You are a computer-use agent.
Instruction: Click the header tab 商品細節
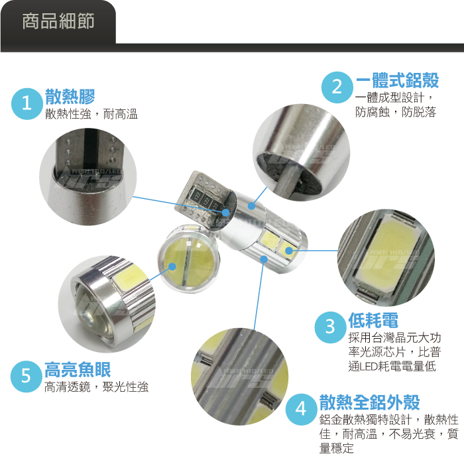[58, 21]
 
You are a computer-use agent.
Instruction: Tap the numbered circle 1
[27, 104]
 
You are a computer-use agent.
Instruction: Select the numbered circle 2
[337, 87]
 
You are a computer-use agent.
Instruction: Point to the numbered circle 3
[330, 327]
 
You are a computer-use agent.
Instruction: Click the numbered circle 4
[301, 409]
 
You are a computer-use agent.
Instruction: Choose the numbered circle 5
[26, 377]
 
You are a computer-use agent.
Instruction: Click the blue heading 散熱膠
[70, 97]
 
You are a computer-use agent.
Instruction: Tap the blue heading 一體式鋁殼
[397, 80]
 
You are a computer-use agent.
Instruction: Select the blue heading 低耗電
[373, 320]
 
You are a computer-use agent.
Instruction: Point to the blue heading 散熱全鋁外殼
[369, 402]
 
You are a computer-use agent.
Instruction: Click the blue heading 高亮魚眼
[78, 369]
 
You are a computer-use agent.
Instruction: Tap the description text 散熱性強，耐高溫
[91, 114]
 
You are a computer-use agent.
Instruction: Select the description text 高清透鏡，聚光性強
[96, 386]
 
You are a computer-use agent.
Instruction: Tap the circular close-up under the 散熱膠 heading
[88, 177]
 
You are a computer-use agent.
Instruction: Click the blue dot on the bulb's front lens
[172, 266]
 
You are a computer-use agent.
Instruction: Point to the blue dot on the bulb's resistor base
[225, 213]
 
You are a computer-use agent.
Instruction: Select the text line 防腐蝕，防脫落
[396, 112]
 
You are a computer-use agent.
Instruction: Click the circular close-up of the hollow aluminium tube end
[301, 152]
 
